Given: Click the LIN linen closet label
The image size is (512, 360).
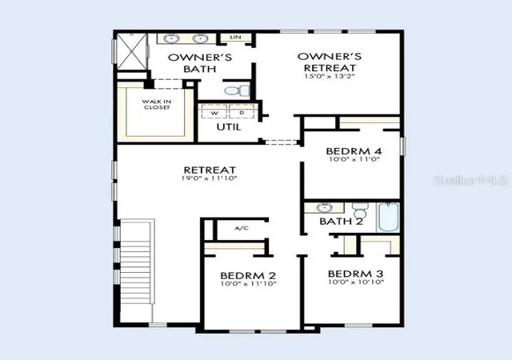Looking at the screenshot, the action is click(x=235, y=38).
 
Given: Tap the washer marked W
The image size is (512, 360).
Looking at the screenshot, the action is click(x=214, y=112).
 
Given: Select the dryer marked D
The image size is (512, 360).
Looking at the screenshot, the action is click(x=242, y=112).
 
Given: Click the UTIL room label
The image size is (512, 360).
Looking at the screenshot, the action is click(x=229, y=127).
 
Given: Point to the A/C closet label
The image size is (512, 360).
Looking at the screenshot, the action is click(x=242, y=228).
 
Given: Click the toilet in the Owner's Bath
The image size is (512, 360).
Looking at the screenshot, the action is click(x=238, y=90).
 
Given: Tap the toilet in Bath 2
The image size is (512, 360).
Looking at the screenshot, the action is click(x=361, y=210).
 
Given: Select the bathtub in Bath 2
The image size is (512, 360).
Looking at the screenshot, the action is click(x=389, y=218).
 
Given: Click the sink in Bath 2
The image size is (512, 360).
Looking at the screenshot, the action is click(x=324, y=207).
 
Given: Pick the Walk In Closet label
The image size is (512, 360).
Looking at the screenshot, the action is click(x=157, y=104).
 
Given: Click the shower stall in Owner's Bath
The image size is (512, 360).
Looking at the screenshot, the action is click(x=132, y=52).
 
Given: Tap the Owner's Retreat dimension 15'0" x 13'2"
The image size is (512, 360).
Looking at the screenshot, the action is click(x=330, y=76).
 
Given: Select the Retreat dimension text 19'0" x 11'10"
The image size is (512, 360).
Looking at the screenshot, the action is click(x=209, y=178).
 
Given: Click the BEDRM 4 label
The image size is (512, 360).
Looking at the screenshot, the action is click(x=354, y=151).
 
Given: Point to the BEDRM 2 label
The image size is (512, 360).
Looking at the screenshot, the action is click(x=248, y=275).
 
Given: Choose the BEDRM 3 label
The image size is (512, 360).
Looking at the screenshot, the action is click(x=355, y=274).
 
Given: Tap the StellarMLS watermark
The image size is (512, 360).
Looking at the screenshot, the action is click(x=471, y=180).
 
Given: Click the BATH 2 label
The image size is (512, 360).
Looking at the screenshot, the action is click(x=341, y=222).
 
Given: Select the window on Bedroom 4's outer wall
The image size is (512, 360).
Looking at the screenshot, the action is click(x=403, y=146).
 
